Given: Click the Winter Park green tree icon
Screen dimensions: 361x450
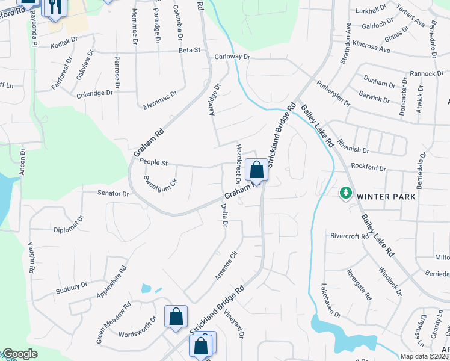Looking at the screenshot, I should pyautogui.click(x=345, y=193).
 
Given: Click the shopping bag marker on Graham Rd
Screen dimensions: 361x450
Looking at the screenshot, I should pyautogui.click(x=257, y=170).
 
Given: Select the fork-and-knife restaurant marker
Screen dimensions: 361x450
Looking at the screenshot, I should pyautogui.click(x=55, y=7).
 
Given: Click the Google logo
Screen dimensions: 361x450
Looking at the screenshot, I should pyautogui.click(x=20, y=354).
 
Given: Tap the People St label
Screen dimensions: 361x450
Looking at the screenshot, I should pyautogui.click(x=153, y=162).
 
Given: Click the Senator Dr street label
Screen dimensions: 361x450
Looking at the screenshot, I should pyautogui.click(x=114, y=194).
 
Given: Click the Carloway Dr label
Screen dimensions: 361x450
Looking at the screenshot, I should pyautogui.click(x=232, y=57).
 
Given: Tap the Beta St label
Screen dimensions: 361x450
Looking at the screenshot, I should pyautogui.click(x=190, y=50).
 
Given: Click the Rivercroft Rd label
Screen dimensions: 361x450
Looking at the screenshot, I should pyautogui.click(x=349, y=236).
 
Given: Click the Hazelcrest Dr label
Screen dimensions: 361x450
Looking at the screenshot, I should pyautogui.click(x=238, y=164).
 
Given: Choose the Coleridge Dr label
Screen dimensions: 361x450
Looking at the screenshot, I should pyautogui.click(x=95, y=94).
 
